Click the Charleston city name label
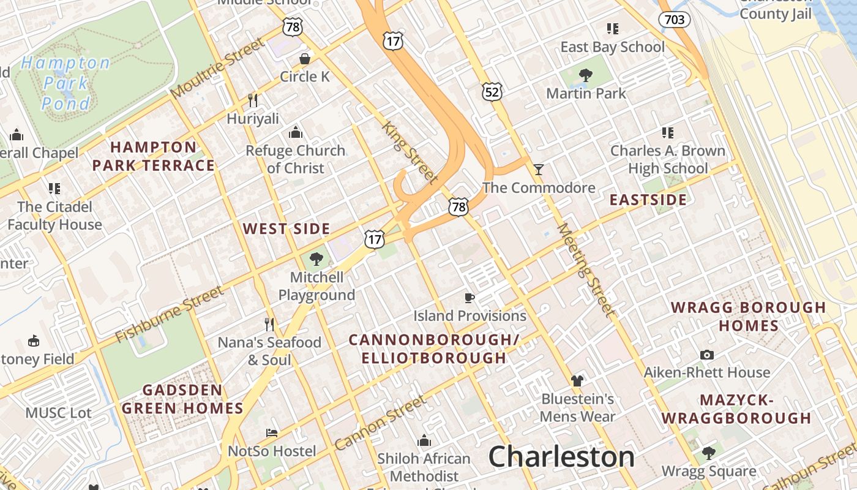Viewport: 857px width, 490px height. pyautogui.click(x=561, y=457)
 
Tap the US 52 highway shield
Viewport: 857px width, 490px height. pyautogui.click(x=492, y=92)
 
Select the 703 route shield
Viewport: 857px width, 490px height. pyautogui.click(x=674, y=20)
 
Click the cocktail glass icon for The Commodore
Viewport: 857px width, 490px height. pyautogui.click(x=539, y=170)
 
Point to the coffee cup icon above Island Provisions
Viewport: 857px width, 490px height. pyautogui.click(x=470, y=298)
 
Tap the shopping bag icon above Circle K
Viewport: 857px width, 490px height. pyautogui.click(x=304, y=59)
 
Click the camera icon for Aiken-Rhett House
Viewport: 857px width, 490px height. pyautogui.click(x=707, y=355)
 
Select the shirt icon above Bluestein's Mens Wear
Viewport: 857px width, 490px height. pyautogui.click(x=577, y=381)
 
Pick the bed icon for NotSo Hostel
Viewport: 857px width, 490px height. pyautogui.click(x=272, y=433)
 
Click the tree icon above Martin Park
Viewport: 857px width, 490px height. pyautogui.click(x=586, y=75)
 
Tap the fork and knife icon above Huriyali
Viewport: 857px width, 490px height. pyautogui.click(x=252, y=100)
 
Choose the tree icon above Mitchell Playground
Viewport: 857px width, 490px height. pyautogui.click(x=316, y=259)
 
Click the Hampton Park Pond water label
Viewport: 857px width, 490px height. pyautogui.click(x=65, y=83)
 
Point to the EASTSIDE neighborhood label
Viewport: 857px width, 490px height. pyautogui.click(x=648, y=200)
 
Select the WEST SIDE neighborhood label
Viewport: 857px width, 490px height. pyautogui.click(x=286, y=229)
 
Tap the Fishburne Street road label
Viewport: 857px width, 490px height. pyautogui.click(x=170, y=314)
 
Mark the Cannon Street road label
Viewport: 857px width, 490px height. pyautogui.click(x=380, y=423)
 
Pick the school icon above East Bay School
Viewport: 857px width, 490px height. pyautogui.click(x=612, y=29)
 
